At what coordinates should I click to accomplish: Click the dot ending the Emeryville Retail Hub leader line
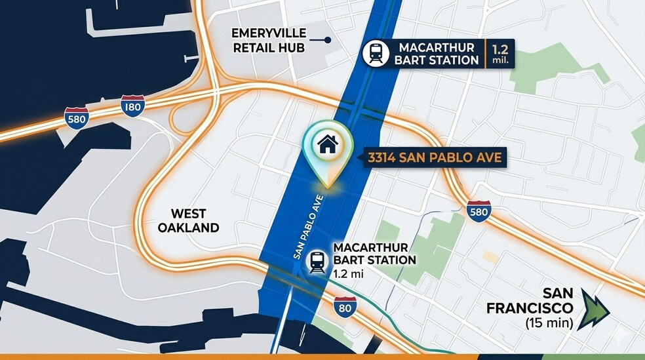pos(328,40)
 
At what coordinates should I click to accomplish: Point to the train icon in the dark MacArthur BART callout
pos(376,53)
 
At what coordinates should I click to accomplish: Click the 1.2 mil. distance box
pos(499,53)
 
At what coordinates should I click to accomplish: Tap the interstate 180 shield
pos(132,106)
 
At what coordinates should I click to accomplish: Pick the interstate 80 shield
pos(345,307)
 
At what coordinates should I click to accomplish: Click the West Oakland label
pos(188,221)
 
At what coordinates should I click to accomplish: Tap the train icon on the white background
pos(318,261)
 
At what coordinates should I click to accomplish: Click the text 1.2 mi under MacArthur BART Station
pos(347,273)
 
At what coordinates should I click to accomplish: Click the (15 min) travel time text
pos(549,323)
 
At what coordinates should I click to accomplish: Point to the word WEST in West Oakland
pos(188,214)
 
